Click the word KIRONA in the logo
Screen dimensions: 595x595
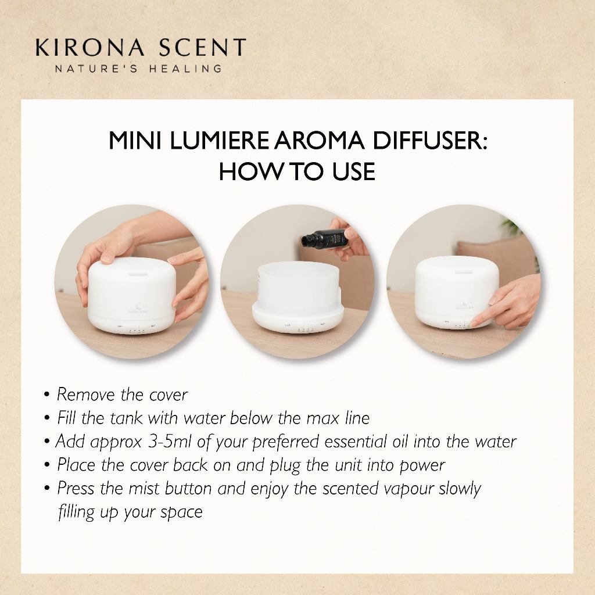coord(90,48)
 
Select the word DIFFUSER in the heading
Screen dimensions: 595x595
coord(429,141)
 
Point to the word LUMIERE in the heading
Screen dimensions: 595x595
coord(219,141)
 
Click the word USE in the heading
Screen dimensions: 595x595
coord(354,171)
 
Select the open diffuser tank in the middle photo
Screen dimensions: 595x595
coord(298,298)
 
